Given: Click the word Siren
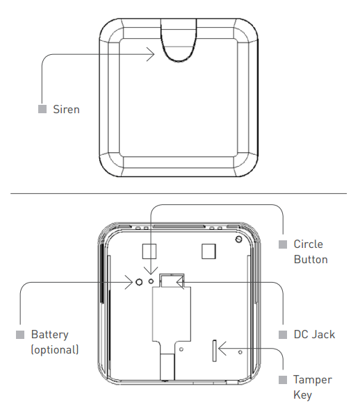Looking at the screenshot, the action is pyautogui.click(x=66, y=109).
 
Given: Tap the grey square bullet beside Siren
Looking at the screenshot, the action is pyautogui.click(x=42, y=109).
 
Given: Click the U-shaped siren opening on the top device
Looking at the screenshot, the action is pyautogui.click(x=179, y=60).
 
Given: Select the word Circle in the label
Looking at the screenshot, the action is pyautogui.click(x=309, y=244).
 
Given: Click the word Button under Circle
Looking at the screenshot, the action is pyautogui.click(x=311, y=260).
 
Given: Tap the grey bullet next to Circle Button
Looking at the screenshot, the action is pyautogui.click(x=283, y=244).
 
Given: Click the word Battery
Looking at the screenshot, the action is pyautogui.click(x=49, y=335).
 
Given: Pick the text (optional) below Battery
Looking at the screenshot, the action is pyautogui.click(x=55, y=349).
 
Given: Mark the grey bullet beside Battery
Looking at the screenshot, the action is pyautogui.click(x=20, y=335).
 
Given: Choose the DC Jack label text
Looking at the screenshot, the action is pyautogui.click(x=314, y=335).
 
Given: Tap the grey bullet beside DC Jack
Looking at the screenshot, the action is pyautogui.click(x=283, y=335).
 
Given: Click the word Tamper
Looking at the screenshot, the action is pyautogui.click(x=313, y=380).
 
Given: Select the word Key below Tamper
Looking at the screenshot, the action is pyautogui.click(x=302, y=394).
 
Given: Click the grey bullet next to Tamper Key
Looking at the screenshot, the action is pyautogui.click(x=283, y=380).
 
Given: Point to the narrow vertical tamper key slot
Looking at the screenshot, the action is pyautogui.click(x=214, y=351).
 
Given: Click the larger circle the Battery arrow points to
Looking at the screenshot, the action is pyautogui.click(x=139, y=282).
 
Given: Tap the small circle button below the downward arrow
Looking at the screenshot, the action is pyautogui.click(x=151, y=281).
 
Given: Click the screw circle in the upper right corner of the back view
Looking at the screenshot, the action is pyautogui.click(x=238, y=239).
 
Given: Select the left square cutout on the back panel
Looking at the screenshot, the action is pyautogui.click(x=149, y=251).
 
